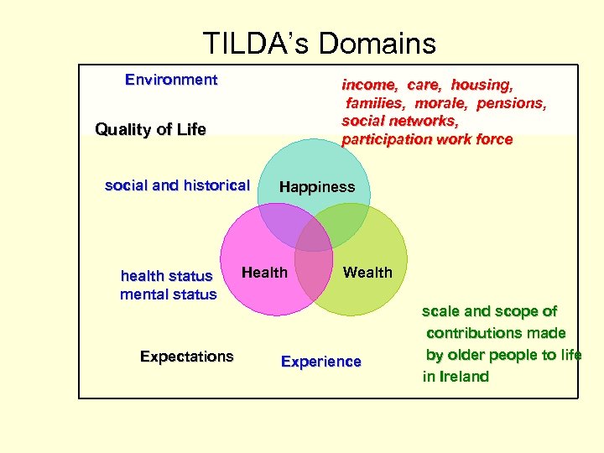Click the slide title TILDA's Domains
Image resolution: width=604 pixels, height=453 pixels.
(319, 43)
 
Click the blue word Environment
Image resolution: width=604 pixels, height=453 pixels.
(171, 81)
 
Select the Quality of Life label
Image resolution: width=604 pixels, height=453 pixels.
(150, 130)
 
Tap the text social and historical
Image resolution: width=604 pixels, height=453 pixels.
(177, 185)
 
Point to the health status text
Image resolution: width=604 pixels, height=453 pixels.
(166, 276)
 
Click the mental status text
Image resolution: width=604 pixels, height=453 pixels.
(168, 294)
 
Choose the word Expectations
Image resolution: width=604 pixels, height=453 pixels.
(186, 357)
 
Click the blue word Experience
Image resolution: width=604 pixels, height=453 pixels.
(320, 362)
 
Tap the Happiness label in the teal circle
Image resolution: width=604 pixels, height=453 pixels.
(316, 187)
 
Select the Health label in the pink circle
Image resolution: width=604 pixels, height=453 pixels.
(264, 272)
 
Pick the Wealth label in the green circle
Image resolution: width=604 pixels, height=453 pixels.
(367, 273)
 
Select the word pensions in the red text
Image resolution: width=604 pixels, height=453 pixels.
(512, 103)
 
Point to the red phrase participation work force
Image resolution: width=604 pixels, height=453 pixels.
(426, 139)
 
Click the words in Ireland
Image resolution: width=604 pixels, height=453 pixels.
(456, 377)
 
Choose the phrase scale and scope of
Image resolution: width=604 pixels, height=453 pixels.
(489, 311)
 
